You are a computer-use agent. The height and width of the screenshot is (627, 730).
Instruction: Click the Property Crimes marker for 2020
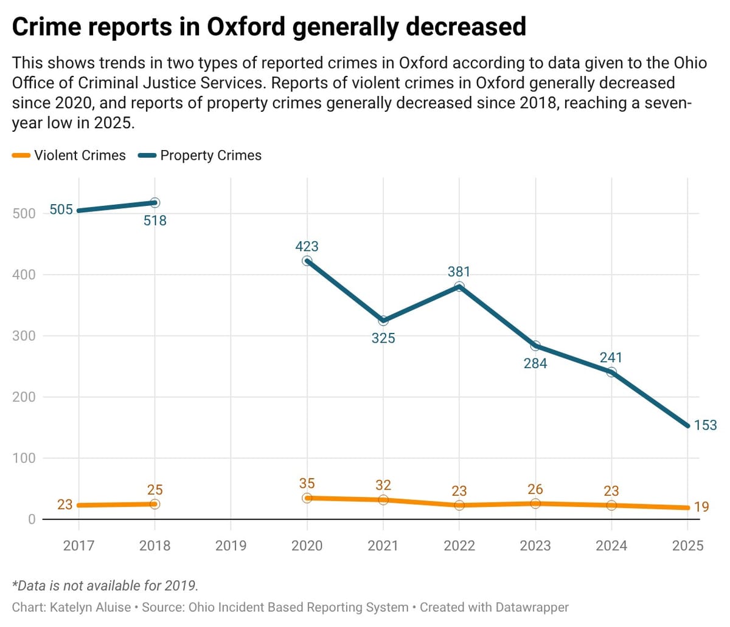[x=307, y=261]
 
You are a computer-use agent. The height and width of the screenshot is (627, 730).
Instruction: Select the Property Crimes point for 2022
[x=459, y=287]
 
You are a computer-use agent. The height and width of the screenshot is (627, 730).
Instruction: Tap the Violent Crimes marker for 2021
[x=383, y=500]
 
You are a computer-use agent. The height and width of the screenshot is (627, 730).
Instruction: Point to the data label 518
[x=155, y=221]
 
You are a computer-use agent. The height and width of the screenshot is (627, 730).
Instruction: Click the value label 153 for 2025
[x=705, y=425]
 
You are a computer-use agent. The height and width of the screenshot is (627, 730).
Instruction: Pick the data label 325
[x=383, y=338]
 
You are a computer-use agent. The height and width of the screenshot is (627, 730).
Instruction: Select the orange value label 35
[x=307, y=484]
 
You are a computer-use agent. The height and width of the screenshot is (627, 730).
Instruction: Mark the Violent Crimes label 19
[x=701, y=507]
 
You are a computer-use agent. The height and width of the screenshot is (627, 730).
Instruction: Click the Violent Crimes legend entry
[x=69, y=156]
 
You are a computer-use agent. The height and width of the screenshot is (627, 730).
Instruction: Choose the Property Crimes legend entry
[x=201, y=156]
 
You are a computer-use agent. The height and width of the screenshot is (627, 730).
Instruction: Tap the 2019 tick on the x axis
[x=231, y=546]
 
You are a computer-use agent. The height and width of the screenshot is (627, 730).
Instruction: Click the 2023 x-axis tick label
[x=535, y=546]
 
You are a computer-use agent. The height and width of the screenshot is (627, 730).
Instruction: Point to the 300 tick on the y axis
[x=24, y=336]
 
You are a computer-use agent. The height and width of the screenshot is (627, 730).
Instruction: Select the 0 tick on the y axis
[x=31, y=519]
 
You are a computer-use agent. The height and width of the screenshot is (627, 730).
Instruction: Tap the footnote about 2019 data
[x=105, y=586]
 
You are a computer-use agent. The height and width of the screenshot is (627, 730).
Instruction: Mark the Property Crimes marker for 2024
[x=611, y=372]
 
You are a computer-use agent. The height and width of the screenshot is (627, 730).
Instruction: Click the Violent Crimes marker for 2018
[x=155, y=504]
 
